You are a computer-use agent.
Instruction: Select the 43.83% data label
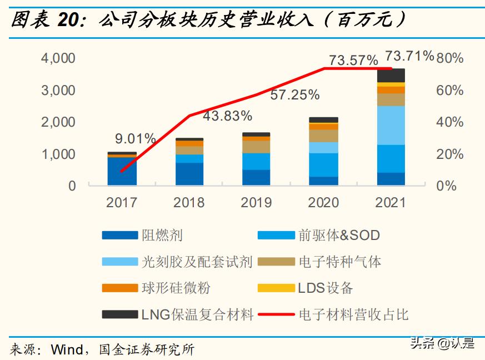click(x=227, y=116)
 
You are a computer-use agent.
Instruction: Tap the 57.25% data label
click(x=295, y=95)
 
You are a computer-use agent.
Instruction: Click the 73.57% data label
click(x=353, y=59)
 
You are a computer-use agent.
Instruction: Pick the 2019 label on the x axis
click(x=256, y=202)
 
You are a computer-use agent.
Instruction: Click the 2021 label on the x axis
click(x=391, y=202)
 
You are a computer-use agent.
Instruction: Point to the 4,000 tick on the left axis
click(x=58, y=58)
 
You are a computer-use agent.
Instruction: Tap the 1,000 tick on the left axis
click(x=58, y=154)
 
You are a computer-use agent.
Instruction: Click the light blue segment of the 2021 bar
click(x=391, y=125)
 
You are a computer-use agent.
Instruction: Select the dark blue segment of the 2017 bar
click(x=122, y=171)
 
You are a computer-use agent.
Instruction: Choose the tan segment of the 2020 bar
click(x=324, y=136)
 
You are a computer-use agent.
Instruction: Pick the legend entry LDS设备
click(x=325, y=288)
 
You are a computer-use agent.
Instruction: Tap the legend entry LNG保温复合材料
click(x=197, y=314)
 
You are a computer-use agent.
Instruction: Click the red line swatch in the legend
click(x=276, y=314)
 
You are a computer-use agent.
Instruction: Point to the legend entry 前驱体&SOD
click(x=339, y=235)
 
